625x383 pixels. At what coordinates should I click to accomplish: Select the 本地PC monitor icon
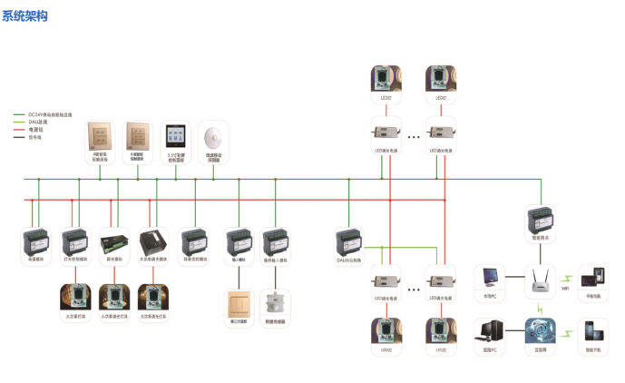pos(491,278)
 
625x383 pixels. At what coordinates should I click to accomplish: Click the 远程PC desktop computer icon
pos(491,329)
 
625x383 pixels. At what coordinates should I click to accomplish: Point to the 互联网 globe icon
pos(542,329)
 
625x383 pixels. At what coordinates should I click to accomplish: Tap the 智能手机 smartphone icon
pos(593,329)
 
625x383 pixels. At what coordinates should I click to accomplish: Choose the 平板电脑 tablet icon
pos(593,278)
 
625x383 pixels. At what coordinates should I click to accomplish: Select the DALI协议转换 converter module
pos(349,243)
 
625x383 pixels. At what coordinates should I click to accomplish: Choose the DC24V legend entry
pos(50,115)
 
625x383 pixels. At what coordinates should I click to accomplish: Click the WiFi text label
pos(564,288)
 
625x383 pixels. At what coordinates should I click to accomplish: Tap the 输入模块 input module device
pos(238,242)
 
